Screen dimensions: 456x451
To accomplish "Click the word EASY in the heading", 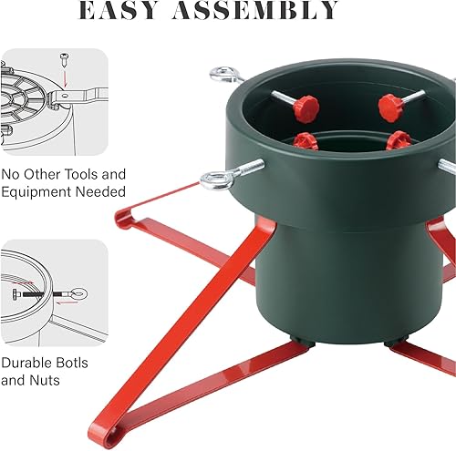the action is [x=118, y=10].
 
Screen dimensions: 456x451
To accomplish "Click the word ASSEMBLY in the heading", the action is [x=255, y=10].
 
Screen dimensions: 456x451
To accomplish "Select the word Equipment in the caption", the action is [x=36, y=192].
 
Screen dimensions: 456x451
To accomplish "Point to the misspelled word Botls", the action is [x=70, y=363].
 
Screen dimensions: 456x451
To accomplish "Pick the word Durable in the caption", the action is [x=25, y=363].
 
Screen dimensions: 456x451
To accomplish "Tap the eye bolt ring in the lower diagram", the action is [x=78, y=293].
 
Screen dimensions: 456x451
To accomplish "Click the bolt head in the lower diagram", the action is [x=16, y=294].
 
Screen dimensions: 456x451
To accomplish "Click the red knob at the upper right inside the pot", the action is [x=390, y=108].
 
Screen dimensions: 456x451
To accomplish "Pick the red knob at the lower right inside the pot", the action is [x=399, y=140].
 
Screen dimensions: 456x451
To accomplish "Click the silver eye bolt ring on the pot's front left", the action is [x=216, y=181].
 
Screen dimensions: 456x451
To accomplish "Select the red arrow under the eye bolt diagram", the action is [x=67, y=302].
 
